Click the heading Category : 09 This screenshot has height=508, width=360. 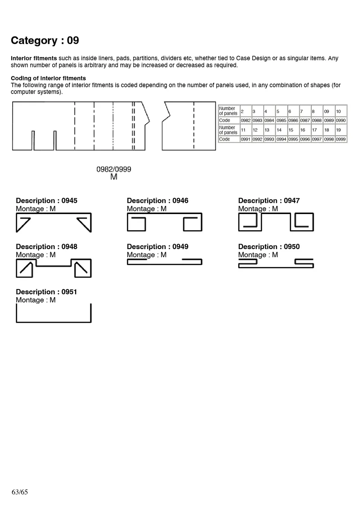(x=45, y=40)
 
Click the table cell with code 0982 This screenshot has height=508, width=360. (x=246, y=120)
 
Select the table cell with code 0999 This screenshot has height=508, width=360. (x=341, y=139)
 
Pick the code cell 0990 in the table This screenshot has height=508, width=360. (x=341, y=120)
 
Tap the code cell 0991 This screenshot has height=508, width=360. (x=246, y=139)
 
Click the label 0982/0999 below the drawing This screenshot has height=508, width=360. (x=114, y=169)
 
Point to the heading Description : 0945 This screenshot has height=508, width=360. (x=46, y=201)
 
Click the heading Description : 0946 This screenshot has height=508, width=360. (x=157, y=201)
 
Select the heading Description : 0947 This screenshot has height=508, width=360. (x=269, y=201)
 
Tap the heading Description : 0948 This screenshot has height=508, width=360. (x=46, y=246)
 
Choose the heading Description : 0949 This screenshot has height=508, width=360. (x=157, y=246)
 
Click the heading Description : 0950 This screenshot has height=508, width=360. (x=269, y=246)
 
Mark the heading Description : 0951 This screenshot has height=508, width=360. (x=46, y=292)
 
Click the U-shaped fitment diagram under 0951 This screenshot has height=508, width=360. (x=54, y=321)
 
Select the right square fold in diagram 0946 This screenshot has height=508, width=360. (x=193, y=223)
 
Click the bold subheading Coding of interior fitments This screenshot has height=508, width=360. (x=48, y=78)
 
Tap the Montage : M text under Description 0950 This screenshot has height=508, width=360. (x=258, y=255)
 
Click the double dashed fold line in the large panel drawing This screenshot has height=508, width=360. (x=133, y=126)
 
